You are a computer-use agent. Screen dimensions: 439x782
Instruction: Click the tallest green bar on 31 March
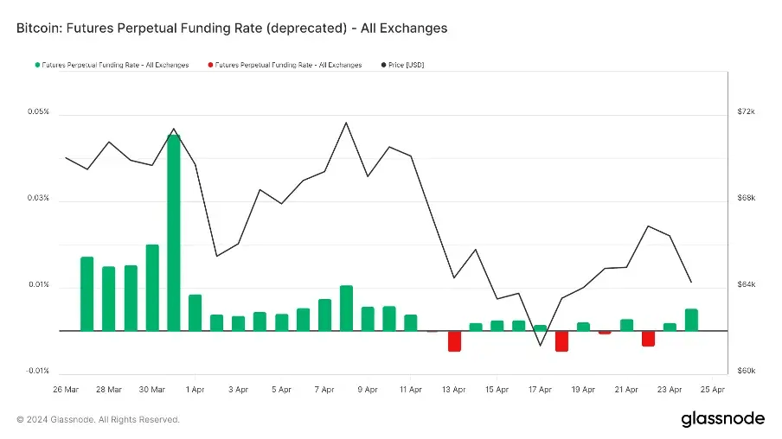(x=173, y=232)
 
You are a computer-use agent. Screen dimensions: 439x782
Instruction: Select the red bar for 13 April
(x=454, y=340)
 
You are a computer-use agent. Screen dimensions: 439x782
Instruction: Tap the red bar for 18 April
(x=561, y=340)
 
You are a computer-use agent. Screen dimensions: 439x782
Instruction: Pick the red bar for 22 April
(x=648, y=338)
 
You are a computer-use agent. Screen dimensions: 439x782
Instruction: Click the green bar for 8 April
(x=346, y=308)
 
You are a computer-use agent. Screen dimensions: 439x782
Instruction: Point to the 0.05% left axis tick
(x=38, y=112)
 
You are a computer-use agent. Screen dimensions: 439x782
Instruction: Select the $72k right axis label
(x=746, y=112)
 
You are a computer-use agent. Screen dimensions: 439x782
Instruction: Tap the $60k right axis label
(x=746, y=371)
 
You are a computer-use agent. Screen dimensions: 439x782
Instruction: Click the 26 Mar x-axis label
(x=66, y=390)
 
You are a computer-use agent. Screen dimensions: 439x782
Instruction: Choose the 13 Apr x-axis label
(x=453, y=390)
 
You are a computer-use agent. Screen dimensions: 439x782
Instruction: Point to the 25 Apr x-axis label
(x=712, y=390)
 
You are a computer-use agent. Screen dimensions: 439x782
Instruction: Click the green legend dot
(x=36, y=65)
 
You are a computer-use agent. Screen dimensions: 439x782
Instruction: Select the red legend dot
(x=210, y=65)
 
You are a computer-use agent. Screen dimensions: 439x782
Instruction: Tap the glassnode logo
(x=722, y=419)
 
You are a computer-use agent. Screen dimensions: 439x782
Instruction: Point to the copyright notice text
(x=98, y=419)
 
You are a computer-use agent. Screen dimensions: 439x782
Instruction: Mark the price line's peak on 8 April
(x=346, y=122)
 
